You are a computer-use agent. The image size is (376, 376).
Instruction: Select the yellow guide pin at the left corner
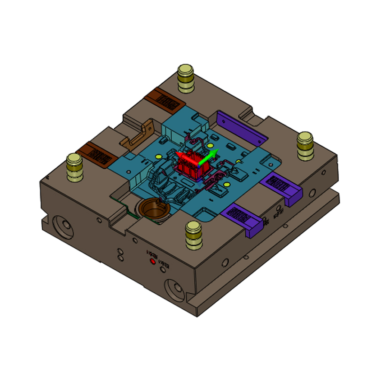coord(75,166)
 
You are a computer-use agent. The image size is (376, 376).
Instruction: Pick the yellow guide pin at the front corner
coord(193,234)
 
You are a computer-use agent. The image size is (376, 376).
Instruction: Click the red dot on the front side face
coord(152,262)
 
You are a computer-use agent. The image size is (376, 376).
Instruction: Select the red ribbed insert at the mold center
coord(192,167)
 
